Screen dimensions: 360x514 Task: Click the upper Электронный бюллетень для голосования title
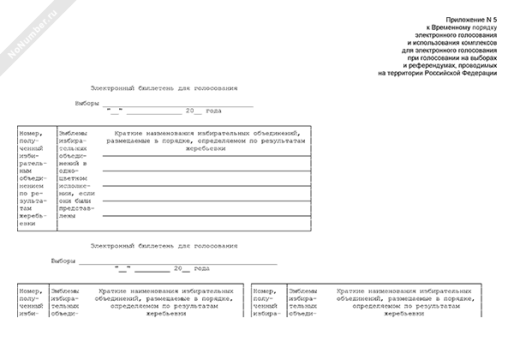coord(164,88)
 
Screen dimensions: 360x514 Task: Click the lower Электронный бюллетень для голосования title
coord(164,246)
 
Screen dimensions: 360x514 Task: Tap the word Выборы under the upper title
coord(88,103)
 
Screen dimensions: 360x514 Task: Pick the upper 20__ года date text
coord(203,111)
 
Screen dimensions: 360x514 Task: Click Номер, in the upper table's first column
coord(31,134)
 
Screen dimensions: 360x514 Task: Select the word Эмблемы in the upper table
coord(72,134)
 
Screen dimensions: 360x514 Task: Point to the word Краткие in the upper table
coord(121,134)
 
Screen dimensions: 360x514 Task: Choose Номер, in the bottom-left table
coord(31,291)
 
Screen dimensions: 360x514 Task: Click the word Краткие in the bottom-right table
coord(354,291)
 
